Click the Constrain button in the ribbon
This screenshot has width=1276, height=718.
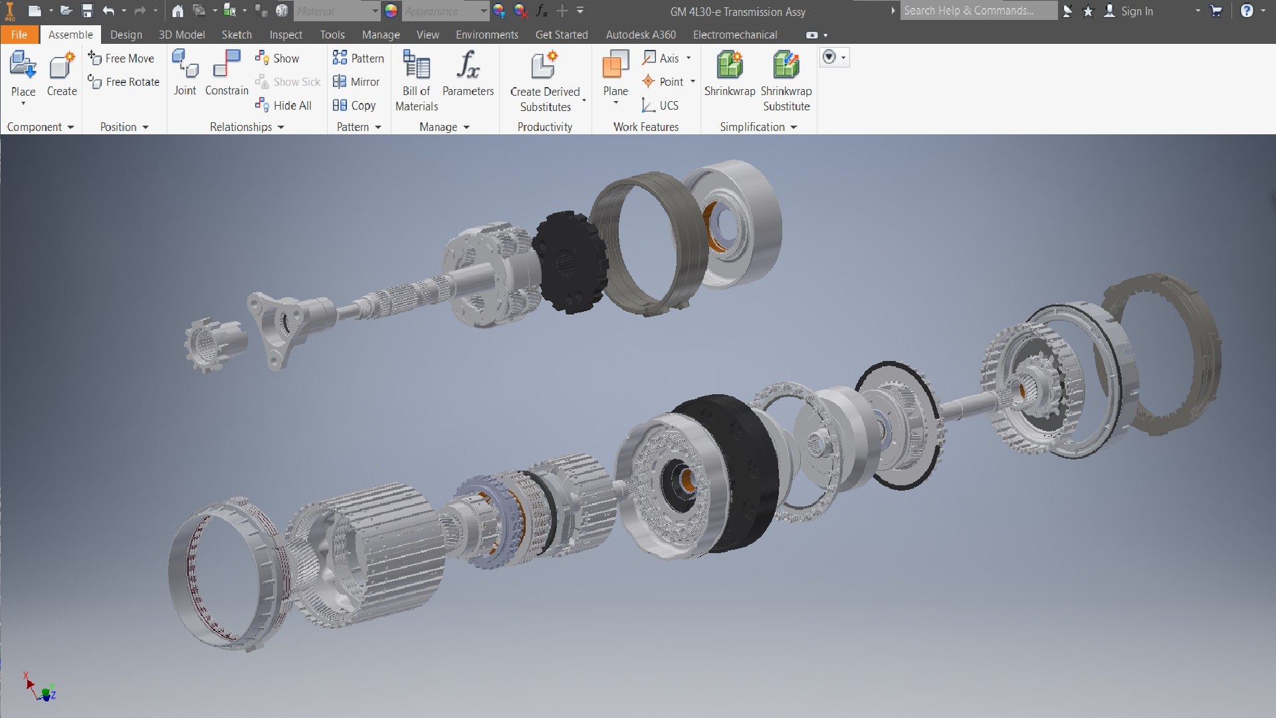(x=227, y=72)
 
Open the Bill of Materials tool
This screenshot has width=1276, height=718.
(x=417, y=80)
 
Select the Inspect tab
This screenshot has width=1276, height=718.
(x=286, y=35)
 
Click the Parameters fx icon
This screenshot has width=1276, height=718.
(x=468, y=66)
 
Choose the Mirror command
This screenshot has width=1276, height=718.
(x=357, y=82)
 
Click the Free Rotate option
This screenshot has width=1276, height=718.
(x=124, y=82)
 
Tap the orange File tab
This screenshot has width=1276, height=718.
(x=19, y=35)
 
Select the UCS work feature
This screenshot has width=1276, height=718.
(x=660, y=106)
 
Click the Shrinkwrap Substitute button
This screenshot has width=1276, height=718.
(x=786, y=80)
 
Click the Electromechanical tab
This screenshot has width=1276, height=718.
(x=734, y=35)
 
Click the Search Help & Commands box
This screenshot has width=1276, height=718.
(x=977, y=11)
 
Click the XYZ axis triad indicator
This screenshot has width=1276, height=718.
(x=41, y=689)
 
